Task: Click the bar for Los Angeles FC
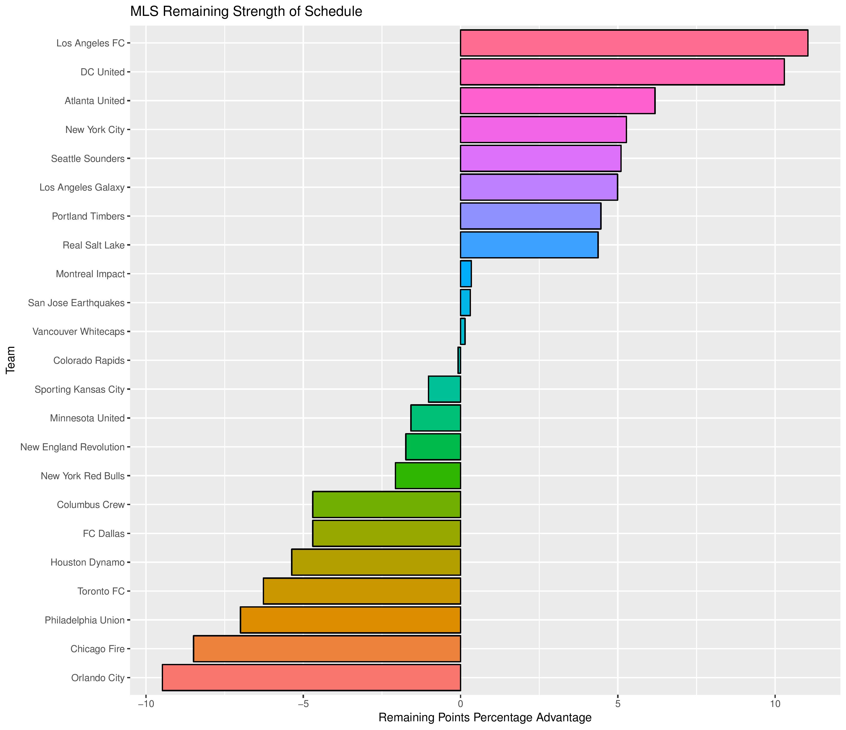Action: [634, 43]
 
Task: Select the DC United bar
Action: [622, 72]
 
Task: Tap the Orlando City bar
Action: [311, 678]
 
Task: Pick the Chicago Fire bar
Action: [327, 649]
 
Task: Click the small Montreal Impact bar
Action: [466, 274]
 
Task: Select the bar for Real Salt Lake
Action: [529, 245]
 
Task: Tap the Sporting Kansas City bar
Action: [444, 389]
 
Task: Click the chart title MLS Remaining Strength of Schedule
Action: [246, 12]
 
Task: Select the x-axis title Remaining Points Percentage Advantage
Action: [485, 717]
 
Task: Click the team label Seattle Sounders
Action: [87, 159]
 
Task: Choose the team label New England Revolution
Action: [72, 447]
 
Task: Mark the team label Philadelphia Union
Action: [85, 620]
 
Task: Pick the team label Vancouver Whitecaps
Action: [78, 332]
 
